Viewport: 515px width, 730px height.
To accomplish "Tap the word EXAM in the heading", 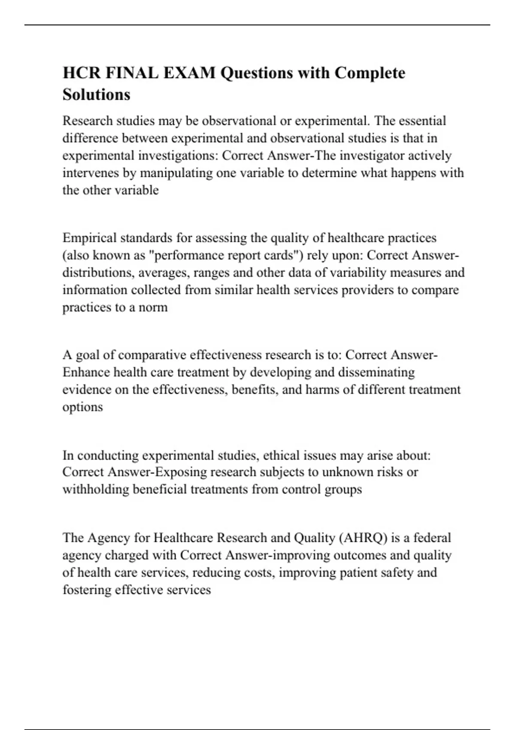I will pyautogui.click(x=189, y=73).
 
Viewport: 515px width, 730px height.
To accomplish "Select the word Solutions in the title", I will pyautogui.click(x=96, y=94).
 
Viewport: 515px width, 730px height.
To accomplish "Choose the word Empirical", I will pyautogui.click(x=89, y=238).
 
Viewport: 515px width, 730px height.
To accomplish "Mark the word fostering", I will pyautogui.click(x=87, y=590).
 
